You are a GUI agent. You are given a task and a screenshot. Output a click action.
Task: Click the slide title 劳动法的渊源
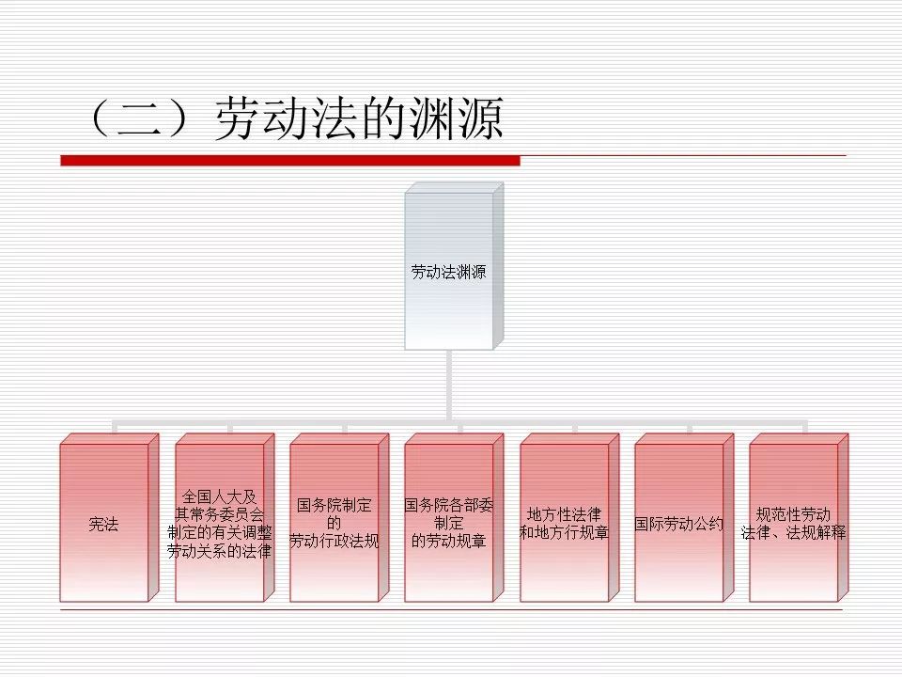pyautogui.click(x=360, y=118)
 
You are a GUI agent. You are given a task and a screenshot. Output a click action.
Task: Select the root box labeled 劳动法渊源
pyautogui.click(x=449, y=272)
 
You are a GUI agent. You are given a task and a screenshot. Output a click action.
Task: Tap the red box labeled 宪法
pyautogui.click(x=104, y=523)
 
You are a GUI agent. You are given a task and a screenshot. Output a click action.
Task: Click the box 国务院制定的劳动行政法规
pyautogui.click(x=334, y=523)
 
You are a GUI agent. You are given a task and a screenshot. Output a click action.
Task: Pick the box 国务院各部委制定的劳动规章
pyautogui.click(x=449, y=523)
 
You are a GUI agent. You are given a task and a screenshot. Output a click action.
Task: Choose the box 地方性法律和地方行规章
pyautogui.click(x=564, y=523)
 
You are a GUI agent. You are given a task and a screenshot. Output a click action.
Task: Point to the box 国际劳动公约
pyautogui.click(x=678, y=523)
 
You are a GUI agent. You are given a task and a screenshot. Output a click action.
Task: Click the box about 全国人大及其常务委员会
pyautogui.click(x=219, y=523)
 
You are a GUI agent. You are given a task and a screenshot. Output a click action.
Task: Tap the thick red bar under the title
pyautogui.click(x=290, y=161)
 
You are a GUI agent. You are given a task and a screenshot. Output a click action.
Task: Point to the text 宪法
pyautogui.click(x=104, y=524)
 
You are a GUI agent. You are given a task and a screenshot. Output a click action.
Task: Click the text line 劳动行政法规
pyautogui.click(x=334, y=542)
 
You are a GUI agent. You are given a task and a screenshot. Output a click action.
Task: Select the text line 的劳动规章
pyautogui.click(x=449, y=542)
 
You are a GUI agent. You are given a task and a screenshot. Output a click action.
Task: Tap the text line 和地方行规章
pyautogui.click(x=564, y=532)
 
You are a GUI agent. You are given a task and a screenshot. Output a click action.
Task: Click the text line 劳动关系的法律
pyautogui.click(x=219, y=551)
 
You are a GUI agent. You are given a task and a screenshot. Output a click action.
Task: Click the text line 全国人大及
pyautogui.click(x=219, y=496)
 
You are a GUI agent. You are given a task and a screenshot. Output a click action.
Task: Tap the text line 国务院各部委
pyautogui.click(x=449, y=505)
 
